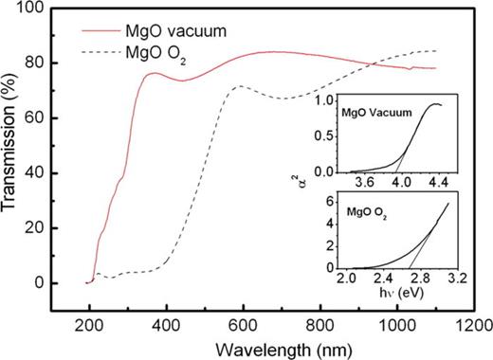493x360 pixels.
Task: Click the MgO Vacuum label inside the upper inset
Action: tap(379, 113)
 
